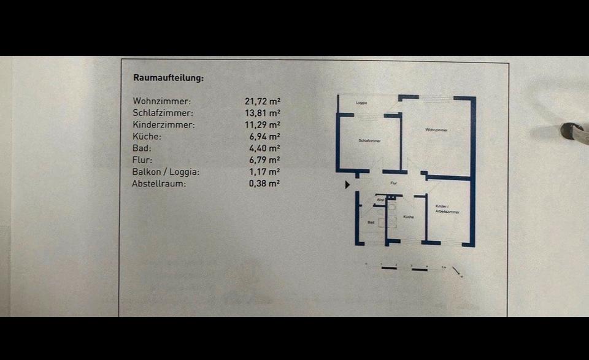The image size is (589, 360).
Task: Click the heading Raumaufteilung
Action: pyautogui.click(x=169, y=78)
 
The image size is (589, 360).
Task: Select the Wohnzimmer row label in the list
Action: pyautogui.click(x=162, y=101)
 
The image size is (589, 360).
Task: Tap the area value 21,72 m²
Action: pyautogui.click(x=262, y=101)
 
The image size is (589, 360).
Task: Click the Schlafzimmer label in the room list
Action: pyautogui.click(x=163, y=113)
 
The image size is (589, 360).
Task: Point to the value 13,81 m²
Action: pyautogui.click(x=262, y=113)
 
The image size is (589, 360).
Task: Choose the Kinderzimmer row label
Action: pyautogui.click(x=164, y=125)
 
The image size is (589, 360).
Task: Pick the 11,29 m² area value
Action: pyautogui.click(x=262, y=125)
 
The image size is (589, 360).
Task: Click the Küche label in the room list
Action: pyautogui.click(x=147, y=137)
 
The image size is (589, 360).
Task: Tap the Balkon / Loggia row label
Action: pyautogui.click(x=166, y=172)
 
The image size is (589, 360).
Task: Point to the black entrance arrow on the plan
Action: pyautogui.click(x=348, y=184)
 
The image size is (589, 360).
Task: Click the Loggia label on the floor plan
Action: pyautogui.click(x=361, y=103)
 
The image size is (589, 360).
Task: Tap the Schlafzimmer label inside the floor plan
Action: pyautogui.click(x=369, y=141)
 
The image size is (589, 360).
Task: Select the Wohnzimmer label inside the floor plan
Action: pyautogui.click(x=436, y=130)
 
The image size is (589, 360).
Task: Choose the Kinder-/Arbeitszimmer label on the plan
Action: pyautogui.click(x=447, y=209)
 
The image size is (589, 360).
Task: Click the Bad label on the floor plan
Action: pyautogui.click(x=371, y=222)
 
